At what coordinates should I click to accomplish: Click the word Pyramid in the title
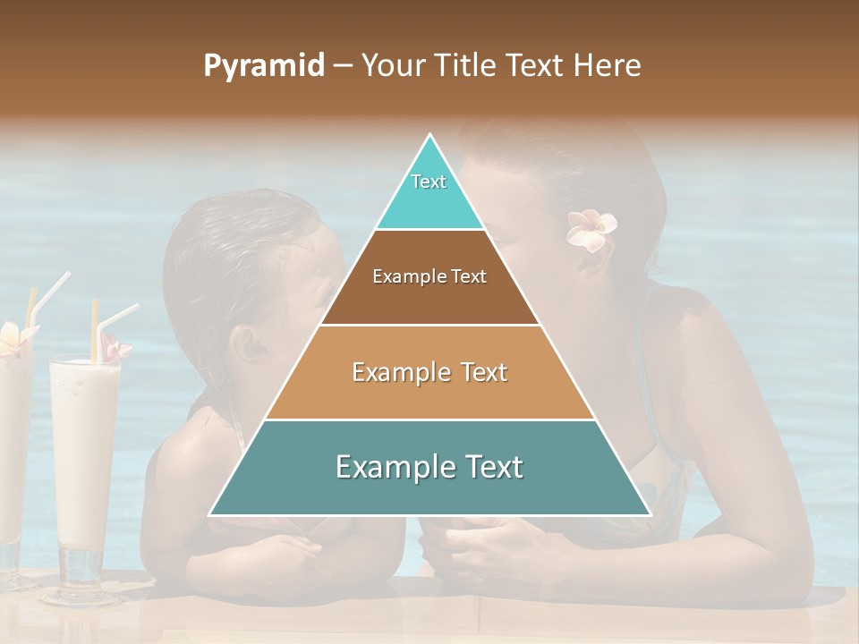(x=263, y=66)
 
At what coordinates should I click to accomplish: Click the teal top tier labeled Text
(x=429, y=192)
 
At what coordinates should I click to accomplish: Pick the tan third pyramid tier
(x=429, y=372)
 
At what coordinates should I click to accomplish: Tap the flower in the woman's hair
(x=591, y=229)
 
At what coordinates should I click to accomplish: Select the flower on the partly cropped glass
(x=14, y=337)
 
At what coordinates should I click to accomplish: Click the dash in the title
(x=343, y=66)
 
